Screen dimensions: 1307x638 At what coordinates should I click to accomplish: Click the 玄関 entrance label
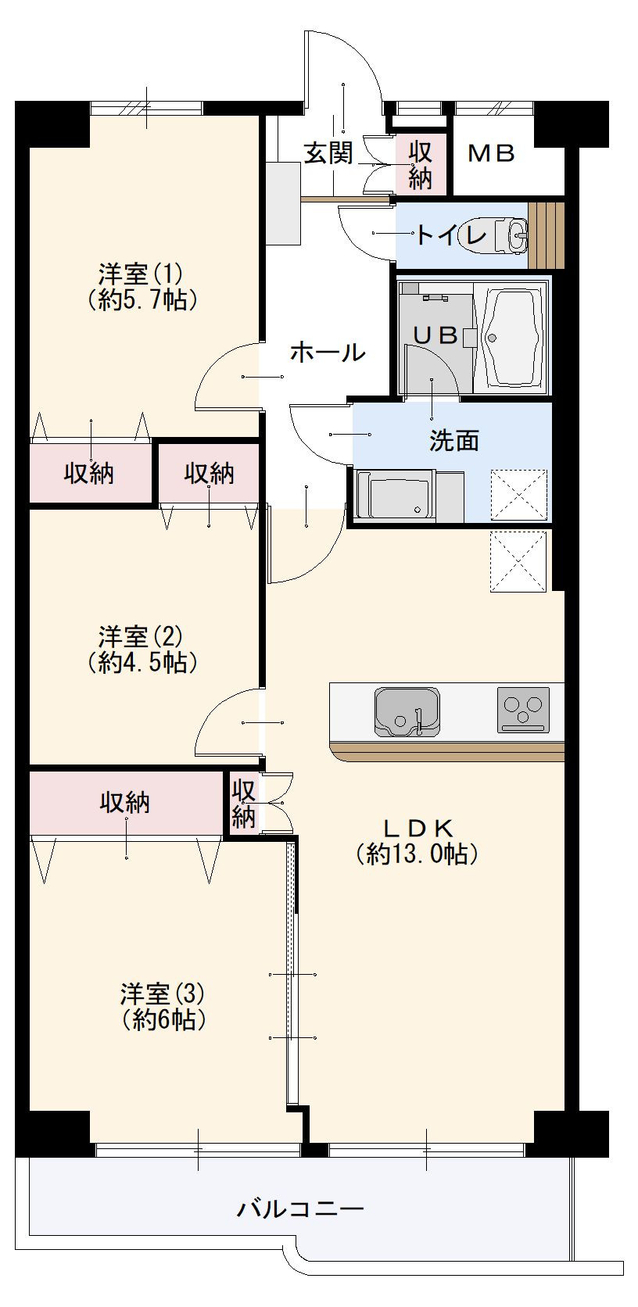click(328, 153)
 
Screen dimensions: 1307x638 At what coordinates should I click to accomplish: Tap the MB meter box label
click(491, 154)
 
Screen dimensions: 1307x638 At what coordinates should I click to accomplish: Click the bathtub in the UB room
click(512, 337)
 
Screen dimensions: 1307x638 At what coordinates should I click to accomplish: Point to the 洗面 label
click(453, 441)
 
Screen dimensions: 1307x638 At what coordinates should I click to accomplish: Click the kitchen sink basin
click(406, 711)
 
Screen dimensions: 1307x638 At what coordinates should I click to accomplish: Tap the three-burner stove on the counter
click(522, 710)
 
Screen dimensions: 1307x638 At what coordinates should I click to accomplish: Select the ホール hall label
click(327, 353)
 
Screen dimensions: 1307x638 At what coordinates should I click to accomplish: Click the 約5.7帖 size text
click(142, 300)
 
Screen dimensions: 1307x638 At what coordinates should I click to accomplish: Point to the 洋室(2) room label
click(140, 636)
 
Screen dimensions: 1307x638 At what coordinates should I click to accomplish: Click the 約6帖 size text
click(163, 1020)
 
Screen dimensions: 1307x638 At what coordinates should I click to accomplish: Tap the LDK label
click(418, 827)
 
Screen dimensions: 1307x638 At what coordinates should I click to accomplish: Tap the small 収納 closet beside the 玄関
click(420, 164)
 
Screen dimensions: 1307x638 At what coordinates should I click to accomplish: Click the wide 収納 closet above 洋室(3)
click(125, 802)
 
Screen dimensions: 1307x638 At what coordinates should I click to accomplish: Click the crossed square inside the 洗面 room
click(518, 495)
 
